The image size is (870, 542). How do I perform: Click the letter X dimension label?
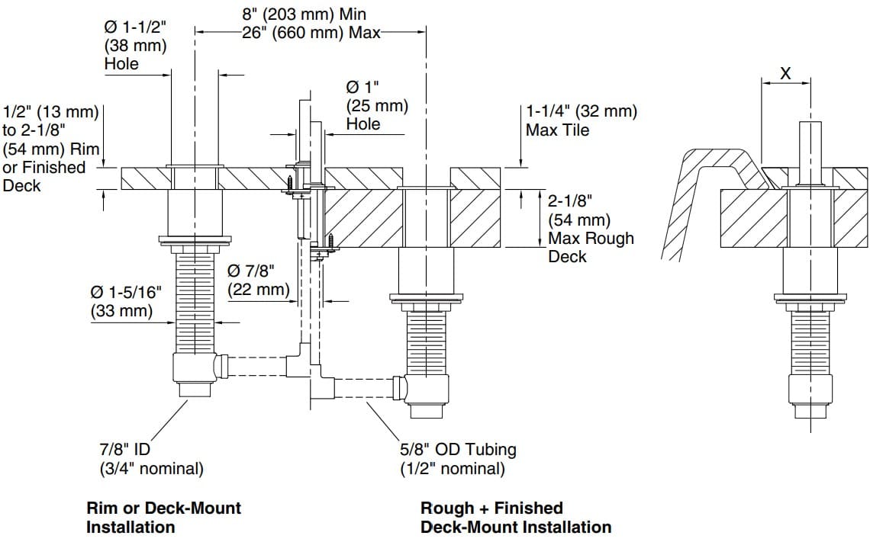785,73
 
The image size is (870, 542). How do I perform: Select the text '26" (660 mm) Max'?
292,33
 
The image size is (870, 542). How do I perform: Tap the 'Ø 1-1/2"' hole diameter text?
135,27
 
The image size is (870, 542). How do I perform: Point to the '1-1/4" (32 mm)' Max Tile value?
582,111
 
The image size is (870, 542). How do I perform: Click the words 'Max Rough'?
591,239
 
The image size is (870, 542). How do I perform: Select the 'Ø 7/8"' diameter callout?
250,271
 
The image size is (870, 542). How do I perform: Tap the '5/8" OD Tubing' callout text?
458,450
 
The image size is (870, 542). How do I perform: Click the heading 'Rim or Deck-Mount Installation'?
163,517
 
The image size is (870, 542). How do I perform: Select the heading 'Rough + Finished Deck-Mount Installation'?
515,517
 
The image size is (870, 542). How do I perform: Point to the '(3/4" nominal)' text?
152,469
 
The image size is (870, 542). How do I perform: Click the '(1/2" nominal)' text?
453,469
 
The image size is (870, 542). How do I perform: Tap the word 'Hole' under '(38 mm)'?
121,64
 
